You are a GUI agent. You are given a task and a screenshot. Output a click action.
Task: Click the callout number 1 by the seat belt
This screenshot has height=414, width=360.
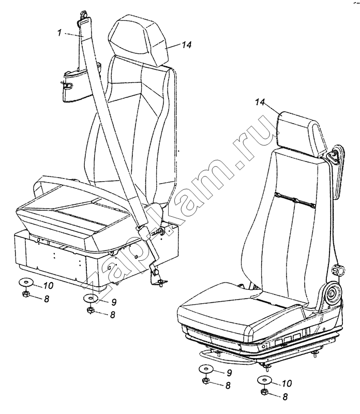pos(59,33)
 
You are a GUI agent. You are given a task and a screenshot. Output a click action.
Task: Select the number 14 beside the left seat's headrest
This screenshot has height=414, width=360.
pos(186,45)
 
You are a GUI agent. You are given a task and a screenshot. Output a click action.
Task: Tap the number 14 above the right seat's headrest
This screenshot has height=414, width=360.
pos(260,102)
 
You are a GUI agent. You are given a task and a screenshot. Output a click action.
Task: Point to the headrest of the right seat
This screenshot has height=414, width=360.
pos(301,134)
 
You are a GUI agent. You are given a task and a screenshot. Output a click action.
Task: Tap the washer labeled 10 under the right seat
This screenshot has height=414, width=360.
pos(265,380)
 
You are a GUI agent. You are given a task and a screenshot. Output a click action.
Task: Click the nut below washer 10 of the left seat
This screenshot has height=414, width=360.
pos(26,293)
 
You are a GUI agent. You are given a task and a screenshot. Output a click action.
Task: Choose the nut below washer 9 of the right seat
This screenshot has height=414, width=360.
pos(205,380)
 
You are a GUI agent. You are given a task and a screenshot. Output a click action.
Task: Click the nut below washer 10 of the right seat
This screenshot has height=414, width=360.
pos(264,392)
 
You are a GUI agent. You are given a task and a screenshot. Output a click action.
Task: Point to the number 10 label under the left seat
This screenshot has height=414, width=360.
pos(48,286)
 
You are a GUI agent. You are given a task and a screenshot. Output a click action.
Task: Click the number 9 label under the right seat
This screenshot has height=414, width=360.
pos(229,373)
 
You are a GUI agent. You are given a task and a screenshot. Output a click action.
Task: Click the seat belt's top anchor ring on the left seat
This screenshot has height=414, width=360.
pos(83,14)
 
